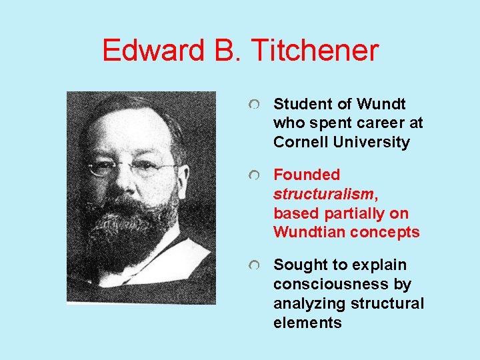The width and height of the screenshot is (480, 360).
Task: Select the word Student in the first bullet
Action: pyautogui.click(x=300, y=104)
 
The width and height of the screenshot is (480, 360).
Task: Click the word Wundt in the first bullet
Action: pyautogui.click(x=381, y=104)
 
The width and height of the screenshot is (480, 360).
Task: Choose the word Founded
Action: pyautogui.click(x=307, y=175)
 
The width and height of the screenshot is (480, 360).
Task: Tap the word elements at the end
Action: pyautogui.click(x=307, y=323)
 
